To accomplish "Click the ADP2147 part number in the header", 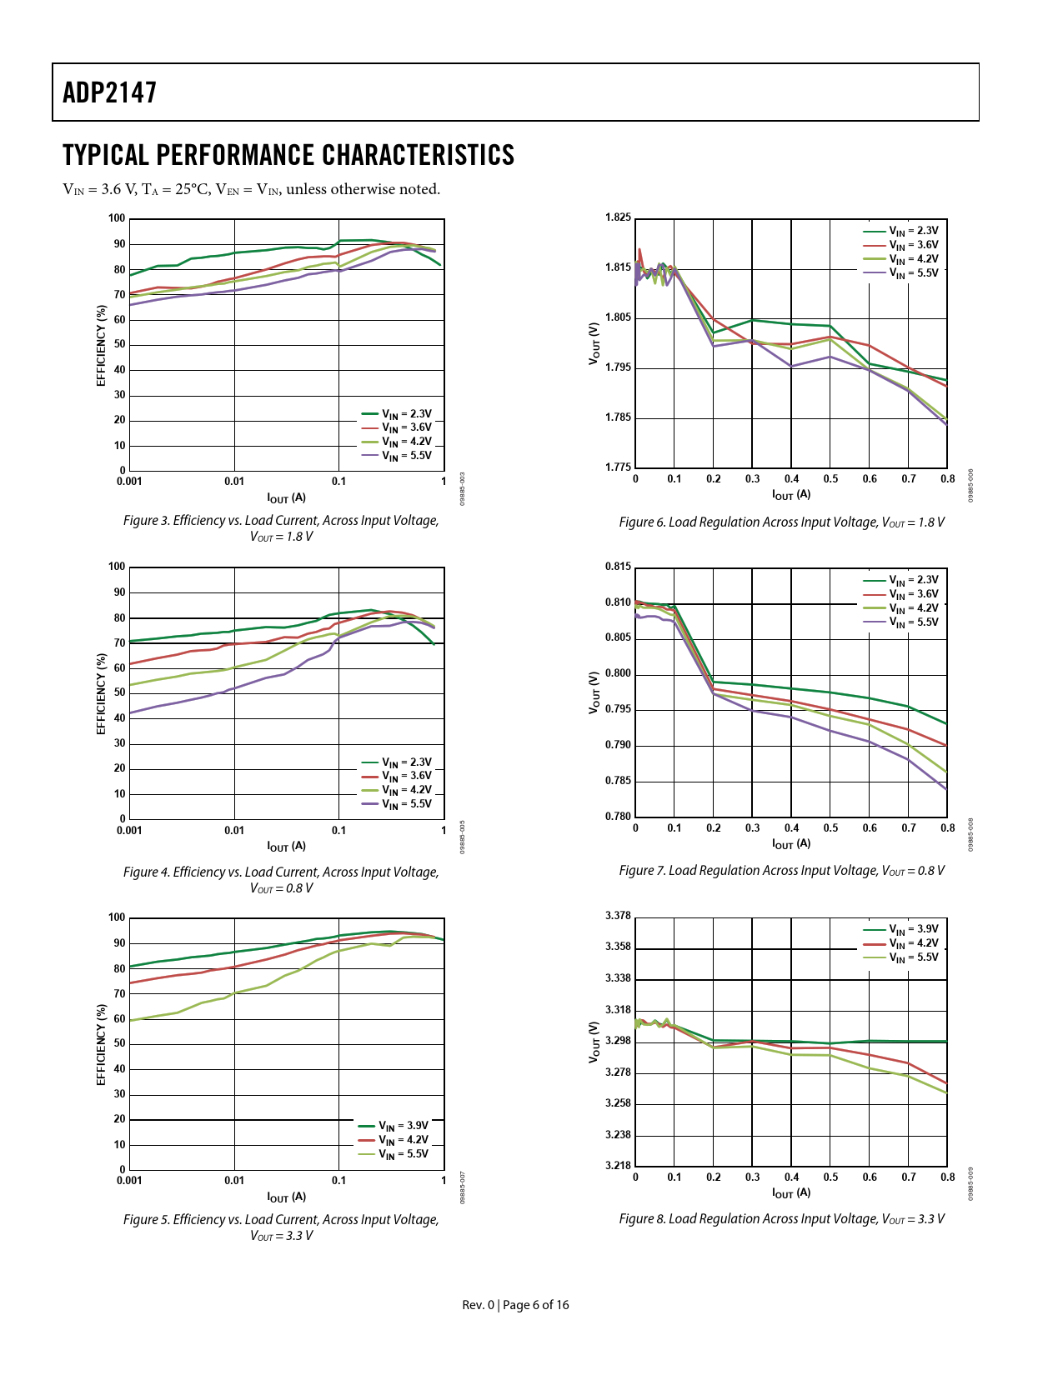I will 110,92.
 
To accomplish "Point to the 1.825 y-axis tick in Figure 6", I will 618,218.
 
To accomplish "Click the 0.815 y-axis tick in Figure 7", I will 618,567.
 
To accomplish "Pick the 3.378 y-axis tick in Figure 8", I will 618,917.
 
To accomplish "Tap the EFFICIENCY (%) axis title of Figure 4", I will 102,693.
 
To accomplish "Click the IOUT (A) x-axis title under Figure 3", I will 286,498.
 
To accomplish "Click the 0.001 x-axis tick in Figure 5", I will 129,1181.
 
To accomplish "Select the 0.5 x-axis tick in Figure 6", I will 830,479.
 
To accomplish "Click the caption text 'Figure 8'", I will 641,1219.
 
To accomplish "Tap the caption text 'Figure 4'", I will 145,872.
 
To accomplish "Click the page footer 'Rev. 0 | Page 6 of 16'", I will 515,1305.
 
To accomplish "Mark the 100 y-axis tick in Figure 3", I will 117,219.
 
